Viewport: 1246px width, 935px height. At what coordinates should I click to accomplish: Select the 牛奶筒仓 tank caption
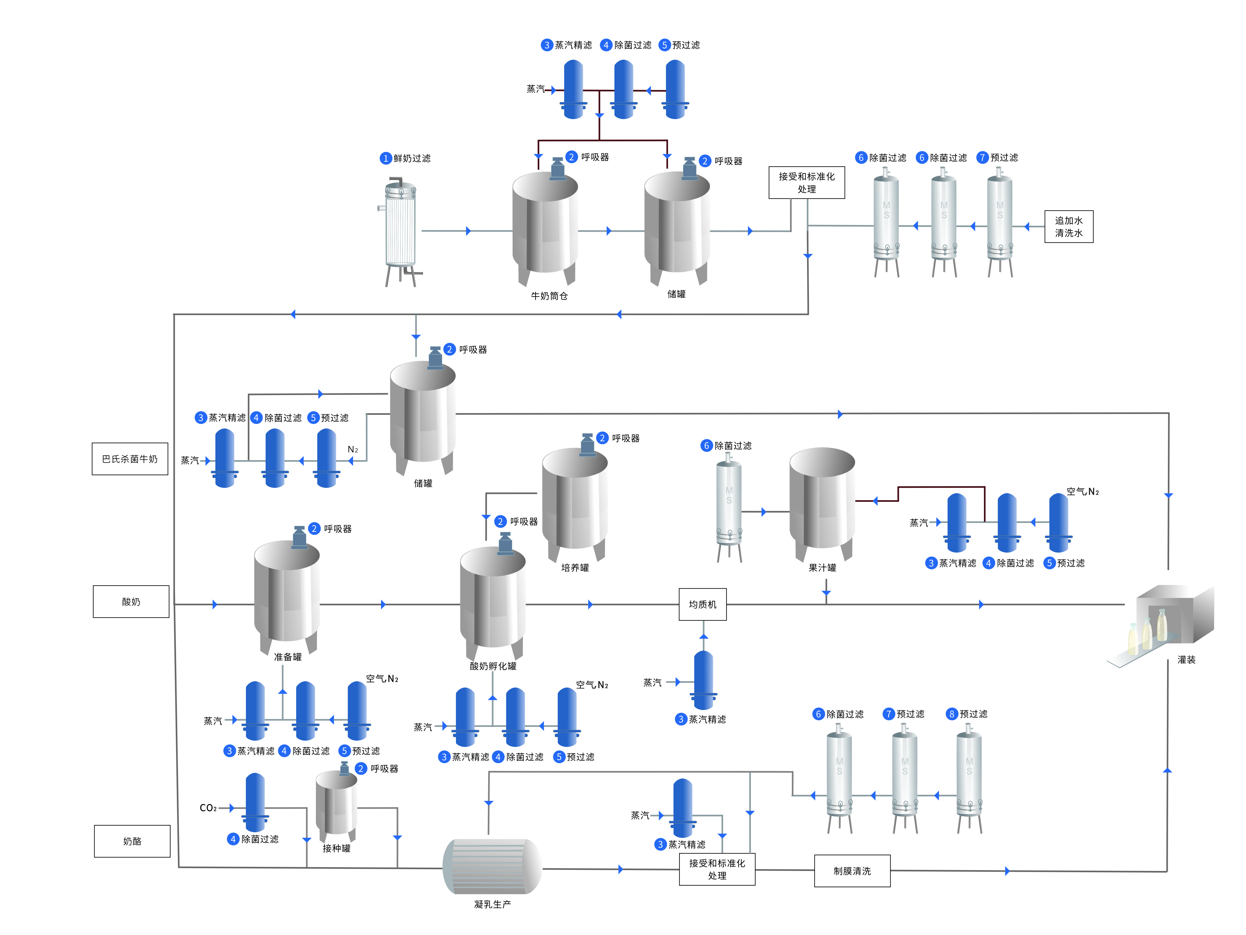coord(549,296)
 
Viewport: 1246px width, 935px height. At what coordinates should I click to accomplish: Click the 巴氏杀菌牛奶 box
coord(130,459)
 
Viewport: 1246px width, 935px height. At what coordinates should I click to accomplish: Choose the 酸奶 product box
coord(131,602)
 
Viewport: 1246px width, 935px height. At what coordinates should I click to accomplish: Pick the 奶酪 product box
coord(132,841)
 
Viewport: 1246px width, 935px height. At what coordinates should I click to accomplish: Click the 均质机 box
coord(702,604)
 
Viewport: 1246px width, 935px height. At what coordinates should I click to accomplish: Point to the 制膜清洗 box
coord(852,871)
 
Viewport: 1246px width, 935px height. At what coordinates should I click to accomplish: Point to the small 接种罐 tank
coord(336,803)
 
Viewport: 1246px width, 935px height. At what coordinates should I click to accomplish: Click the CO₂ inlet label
coord(208,808)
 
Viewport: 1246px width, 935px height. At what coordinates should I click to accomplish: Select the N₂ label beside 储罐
coord(353,449)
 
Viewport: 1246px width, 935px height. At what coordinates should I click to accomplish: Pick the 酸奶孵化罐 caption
coord(493,666)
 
